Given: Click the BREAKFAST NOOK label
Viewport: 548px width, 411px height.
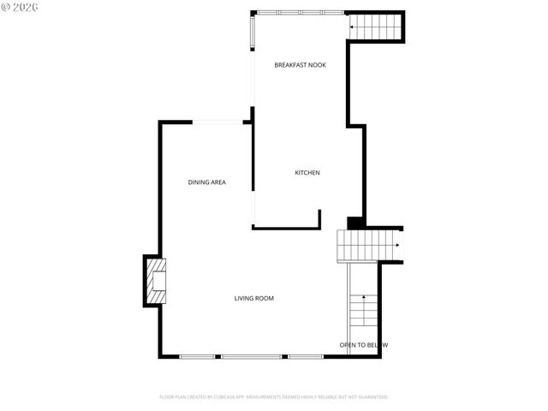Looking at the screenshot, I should tap(300, 65).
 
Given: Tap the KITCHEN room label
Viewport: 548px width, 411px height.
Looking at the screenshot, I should tap(307, 173).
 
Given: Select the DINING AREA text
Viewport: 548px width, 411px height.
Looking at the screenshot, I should tap(206, 182).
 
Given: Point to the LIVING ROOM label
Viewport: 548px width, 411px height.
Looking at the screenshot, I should tap(254, 298).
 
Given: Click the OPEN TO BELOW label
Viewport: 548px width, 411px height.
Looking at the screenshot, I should tap(363, 345).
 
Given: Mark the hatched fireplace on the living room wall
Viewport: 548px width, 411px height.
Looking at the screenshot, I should tap(155, 281).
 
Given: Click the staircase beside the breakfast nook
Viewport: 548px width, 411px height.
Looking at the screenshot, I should tap(375, 27).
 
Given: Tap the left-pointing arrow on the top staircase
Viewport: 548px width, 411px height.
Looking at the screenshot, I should tap(354, 28).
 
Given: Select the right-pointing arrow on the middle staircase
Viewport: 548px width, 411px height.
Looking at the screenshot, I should tap(396, 246).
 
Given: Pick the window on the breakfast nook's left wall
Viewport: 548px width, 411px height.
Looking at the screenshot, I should tap(252, 32).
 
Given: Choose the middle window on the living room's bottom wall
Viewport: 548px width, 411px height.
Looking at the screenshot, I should tap(251, 356).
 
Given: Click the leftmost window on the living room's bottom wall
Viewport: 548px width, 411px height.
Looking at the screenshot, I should tap(197, 356).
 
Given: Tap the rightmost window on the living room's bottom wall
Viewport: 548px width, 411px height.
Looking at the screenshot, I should tap(305, 356).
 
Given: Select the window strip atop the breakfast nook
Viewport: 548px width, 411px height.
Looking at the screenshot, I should tap(300, 12).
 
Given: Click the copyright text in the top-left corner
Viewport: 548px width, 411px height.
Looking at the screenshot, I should tap(21, 7).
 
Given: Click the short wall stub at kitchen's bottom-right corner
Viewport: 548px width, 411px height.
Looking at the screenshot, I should tap(319, 218).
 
